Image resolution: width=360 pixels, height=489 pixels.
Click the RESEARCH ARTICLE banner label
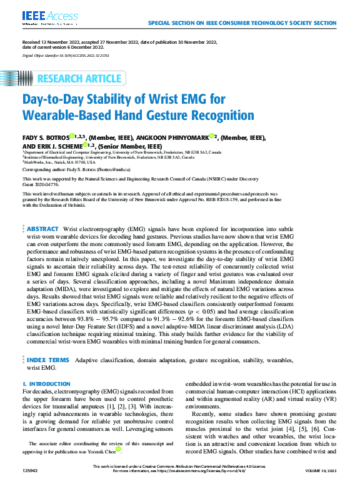[x=79, y=79]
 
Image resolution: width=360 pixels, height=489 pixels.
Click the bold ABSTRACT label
[x=43, y=230]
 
